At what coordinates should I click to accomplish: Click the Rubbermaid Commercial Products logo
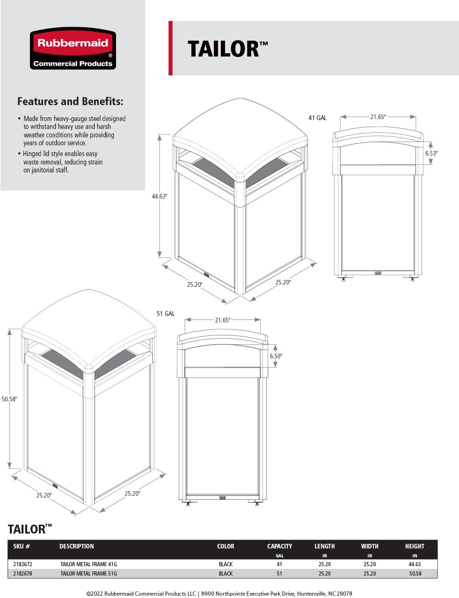pyautogui.click(x=73, y=49)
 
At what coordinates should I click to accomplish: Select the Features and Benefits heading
pyautogui.click(x=70, y=101)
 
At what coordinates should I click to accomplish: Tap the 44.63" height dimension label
pyautogui.click(x=159, y=197)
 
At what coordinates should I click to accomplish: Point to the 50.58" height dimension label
pyautogui.click(x=9, y=399)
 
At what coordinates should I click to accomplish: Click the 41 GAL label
pyautogui.click(x=317, y=118)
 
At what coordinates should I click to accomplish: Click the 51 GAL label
pyautogui.click(x=166, y=313)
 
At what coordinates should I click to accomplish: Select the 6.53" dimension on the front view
pyautogui.click(x=431, y=153)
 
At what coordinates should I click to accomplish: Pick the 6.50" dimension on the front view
pyautogui.click(x=276, y=356)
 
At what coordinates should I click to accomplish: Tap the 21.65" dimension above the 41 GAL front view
pyautogui.click(x=378, y=117)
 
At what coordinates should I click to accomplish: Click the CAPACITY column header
pyautogui.click(x=279, y=546)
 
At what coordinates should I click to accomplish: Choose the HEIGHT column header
pyautogui.click(x=415, y=546)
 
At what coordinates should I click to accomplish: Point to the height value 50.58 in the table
pyautogui.click(x=415, y=573)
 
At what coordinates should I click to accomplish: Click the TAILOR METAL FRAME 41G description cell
pyautogui.click(x=88, y=564)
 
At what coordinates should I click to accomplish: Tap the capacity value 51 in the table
pyautogui.click(x=279, y=573)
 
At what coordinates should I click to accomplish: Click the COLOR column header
pyautogui.click(x=226, y=546)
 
